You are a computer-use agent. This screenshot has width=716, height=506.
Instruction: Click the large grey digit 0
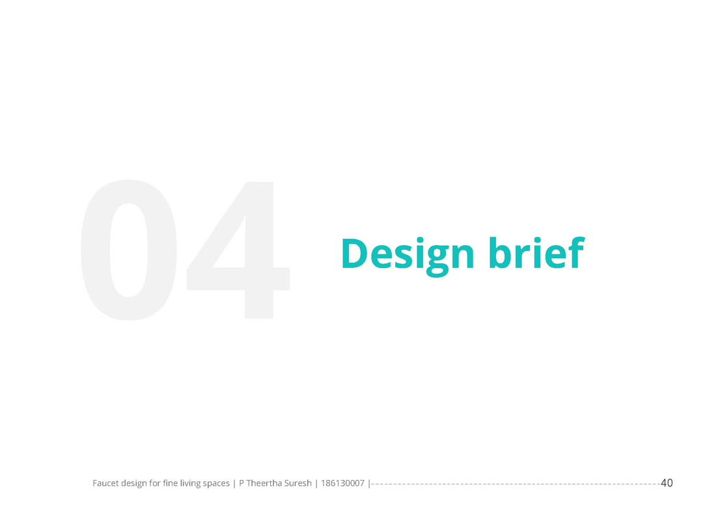click(x=129, y=250)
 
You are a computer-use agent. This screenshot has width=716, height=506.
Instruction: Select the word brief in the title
click(x=536, y=252)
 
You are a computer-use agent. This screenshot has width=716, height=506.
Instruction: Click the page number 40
click(x=667, y=483)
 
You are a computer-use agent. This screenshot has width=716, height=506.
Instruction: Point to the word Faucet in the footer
click(x=105, y=483)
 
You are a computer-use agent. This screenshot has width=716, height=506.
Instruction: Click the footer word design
click(x=134, y=483)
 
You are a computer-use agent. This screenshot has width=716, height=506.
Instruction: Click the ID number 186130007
click(x=342, y=483)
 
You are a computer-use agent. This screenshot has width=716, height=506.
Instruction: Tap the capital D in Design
click(x=354, y=253)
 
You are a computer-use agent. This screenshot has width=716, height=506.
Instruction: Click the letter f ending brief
click(x=577, y=252)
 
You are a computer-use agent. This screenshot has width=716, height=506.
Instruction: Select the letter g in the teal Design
click(x=437, y=260)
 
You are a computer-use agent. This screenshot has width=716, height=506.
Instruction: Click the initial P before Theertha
click(x=241, y=483)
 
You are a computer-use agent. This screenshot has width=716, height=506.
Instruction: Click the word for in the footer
click(x=155, y=483)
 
